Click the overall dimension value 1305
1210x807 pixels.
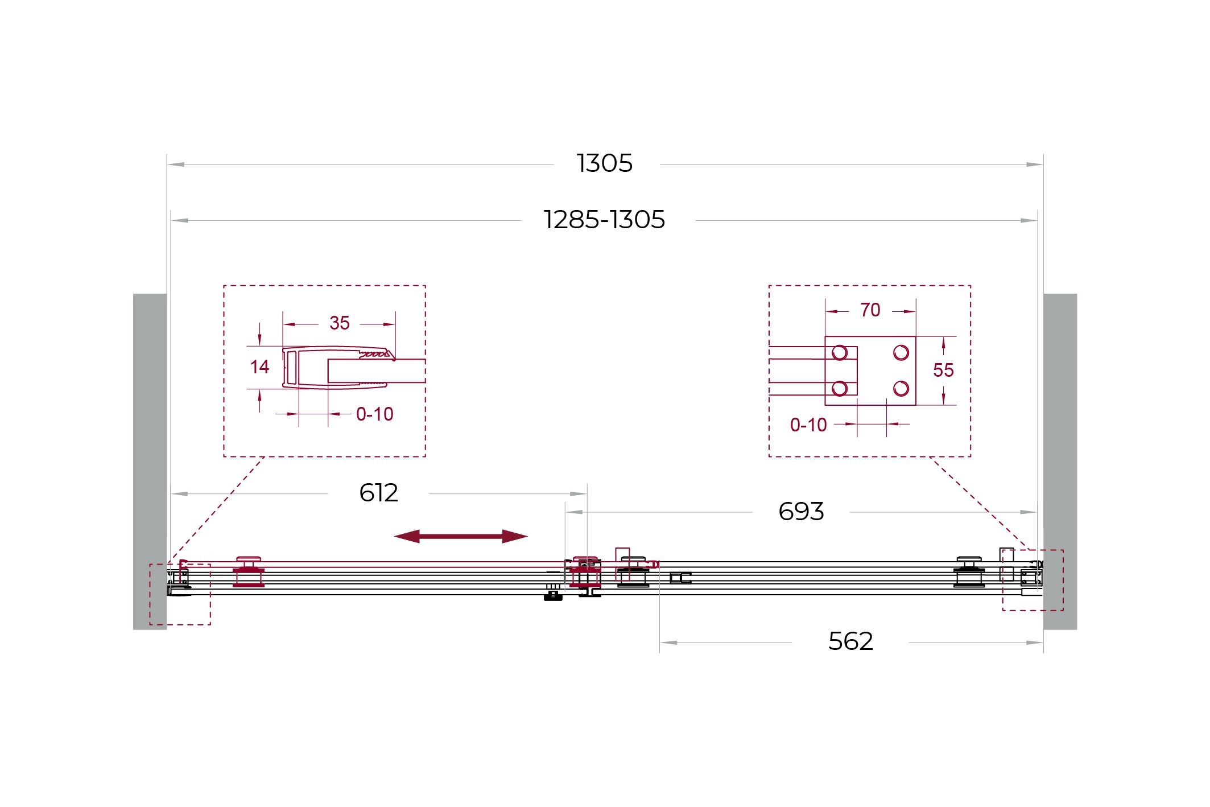pos(605,163)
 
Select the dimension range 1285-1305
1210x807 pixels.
pos(605,220)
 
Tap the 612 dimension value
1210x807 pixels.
pos(379,493)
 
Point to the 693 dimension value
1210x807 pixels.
pos(801,512)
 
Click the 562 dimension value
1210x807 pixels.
pos(850,641)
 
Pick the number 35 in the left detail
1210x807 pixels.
pos(340,323)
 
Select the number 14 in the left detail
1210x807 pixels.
pos(259,367)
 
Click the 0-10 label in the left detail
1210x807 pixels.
pos(375,414)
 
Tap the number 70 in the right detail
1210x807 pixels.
pos(870,310)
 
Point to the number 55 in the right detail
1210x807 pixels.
pos(943,370)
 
